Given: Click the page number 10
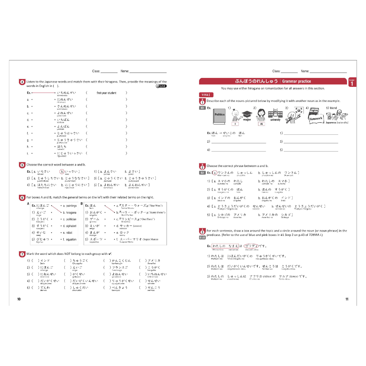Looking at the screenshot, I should tap(19, 299).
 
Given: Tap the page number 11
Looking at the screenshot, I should tap(347, 299).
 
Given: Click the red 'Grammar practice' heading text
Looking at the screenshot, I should tap(296, 81).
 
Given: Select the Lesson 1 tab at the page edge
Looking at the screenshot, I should tap(352, 83).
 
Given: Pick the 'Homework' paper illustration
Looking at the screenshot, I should tap(316, 118).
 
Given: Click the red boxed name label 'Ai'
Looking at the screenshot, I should tap(262, 124).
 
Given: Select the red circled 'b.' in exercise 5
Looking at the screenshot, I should tap(62, 172).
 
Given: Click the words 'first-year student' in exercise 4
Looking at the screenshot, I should tap(106, 93).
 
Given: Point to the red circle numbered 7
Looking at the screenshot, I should tap(22, 254).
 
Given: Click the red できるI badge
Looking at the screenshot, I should tap(206, 95).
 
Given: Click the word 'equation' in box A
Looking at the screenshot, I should tap(71, 239).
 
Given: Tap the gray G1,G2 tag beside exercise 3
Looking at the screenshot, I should tap(202, 237).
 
